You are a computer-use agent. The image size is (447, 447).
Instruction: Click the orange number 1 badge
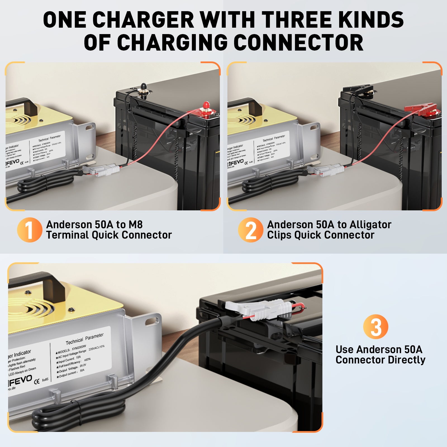tap(29, 230)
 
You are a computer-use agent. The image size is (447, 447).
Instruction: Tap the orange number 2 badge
tap(250, 230)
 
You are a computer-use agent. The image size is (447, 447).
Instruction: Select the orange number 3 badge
tap(375, 327)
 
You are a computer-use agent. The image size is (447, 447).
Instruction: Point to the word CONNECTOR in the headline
tap(298, 42)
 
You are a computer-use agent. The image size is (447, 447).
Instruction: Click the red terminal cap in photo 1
tap(206, 106)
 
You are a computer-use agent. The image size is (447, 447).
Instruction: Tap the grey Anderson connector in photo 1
tap(107, 170)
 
